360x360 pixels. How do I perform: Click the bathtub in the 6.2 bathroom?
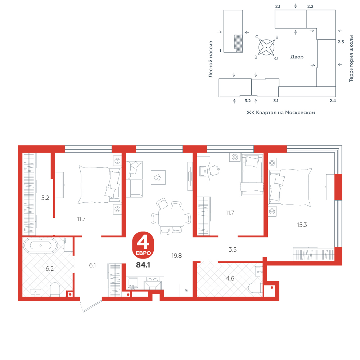click(x=41, y=246)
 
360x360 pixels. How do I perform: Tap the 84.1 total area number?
click(x=143, y=265)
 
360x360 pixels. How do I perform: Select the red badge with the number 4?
click(x=143, y=245)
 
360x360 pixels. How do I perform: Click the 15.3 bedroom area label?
click(x=302, y=225)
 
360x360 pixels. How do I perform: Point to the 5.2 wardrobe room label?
click(x=45, y=198)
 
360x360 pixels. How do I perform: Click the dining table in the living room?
click(x=171, y=217)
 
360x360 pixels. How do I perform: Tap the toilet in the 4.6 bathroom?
click(x=256, y=288)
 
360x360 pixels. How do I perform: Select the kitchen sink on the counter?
click(x=133, y=283)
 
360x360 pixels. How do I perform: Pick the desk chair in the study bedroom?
click(x=214, y=170)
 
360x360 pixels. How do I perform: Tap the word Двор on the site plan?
click(x=297, y=57)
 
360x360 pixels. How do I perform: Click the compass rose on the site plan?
click(x=266, y=47)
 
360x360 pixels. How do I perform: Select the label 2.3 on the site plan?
click(x=341, y=42)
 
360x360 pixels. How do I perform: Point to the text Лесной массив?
click(x=211, y=59)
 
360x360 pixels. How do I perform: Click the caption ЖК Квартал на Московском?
click(x=280, y=112)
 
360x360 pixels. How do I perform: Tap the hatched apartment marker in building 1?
click(x=239, y=44)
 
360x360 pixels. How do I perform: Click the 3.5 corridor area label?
click(x=233, y=249)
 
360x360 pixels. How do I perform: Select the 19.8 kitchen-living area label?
click(x=176, y=256)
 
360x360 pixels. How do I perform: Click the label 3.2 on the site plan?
click(x=248, y=101)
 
